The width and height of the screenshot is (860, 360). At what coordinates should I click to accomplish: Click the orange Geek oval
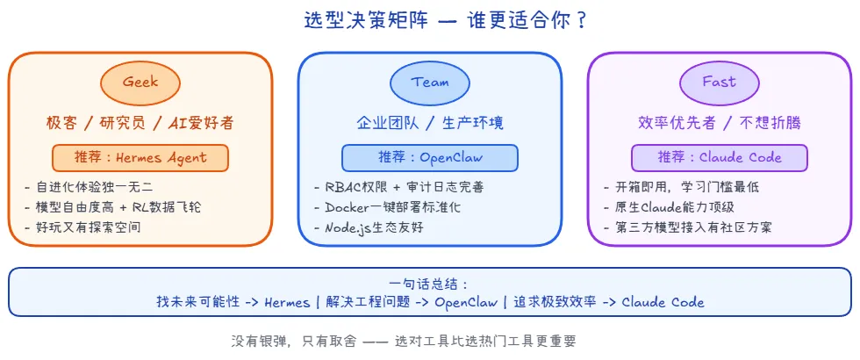140,82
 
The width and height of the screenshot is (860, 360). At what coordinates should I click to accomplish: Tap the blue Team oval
429,82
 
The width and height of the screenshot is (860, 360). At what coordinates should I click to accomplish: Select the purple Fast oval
719,82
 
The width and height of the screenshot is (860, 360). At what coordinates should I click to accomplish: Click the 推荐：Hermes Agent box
140,157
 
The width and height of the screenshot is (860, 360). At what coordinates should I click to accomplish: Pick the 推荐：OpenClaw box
429,157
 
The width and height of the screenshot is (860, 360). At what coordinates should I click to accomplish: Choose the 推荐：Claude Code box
719,157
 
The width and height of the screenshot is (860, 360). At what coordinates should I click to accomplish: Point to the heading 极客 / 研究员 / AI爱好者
140,122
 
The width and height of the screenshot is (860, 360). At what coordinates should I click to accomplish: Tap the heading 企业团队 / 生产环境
429,122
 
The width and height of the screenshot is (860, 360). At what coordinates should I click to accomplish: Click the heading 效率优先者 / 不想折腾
719,122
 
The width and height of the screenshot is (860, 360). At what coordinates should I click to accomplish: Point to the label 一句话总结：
429,284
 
